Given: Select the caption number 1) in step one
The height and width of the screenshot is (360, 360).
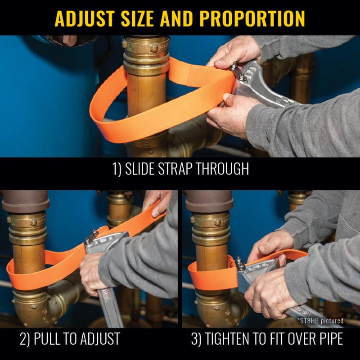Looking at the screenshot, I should point(118,169).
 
